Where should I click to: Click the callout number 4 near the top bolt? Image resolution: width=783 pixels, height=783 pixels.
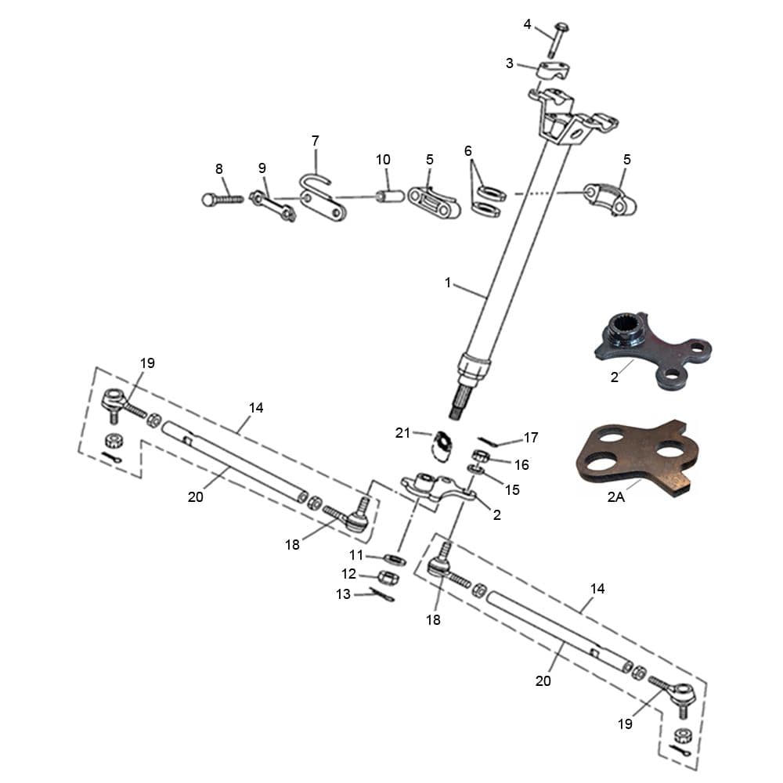click(527, 24)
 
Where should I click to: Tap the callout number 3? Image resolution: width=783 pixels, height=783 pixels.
click(510, 63)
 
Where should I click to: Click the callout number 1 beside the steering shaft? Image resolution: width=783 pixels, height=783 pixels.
click(448, 283)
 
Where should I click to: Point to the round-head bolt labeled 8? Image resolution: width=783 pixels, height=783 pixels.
click(222, 199)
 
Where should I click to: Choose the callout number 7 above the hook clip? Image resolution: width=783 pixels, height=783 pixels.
click(315, 141)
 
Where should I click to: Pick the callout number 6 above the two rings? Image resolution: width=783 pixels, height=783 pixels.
click(468, 151)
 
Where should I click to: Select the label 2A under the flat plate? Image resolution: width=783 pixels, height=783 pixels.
click(615, 496)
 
